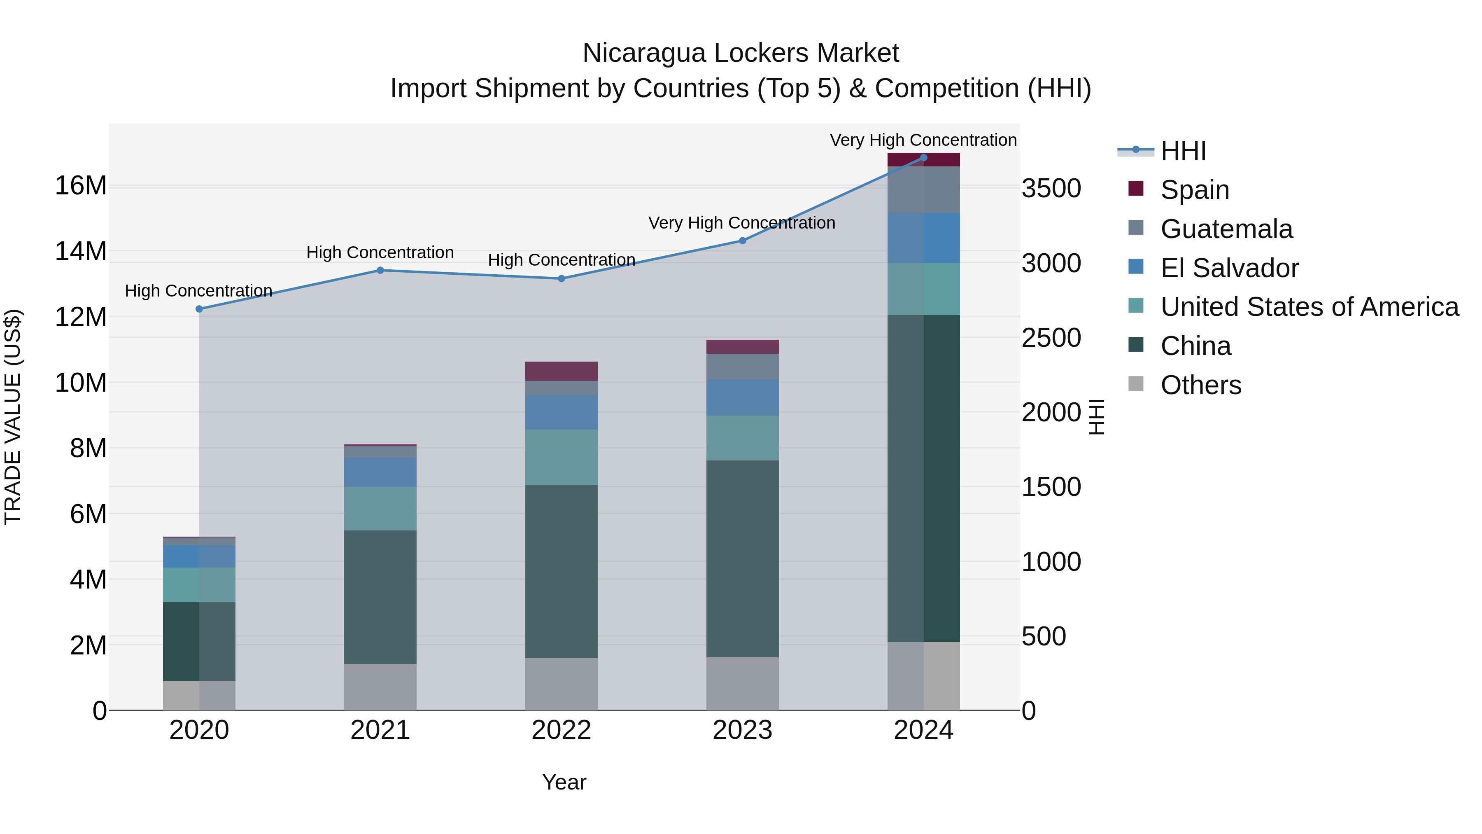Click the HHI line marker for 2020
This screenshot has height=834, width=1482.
pyautogui.click(x=199, y=309)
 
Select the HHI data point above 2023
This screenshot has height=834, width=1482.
pyautogui.click(x=742, y=241)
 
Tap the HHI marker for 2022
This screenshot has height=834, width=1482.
pyautogui.click(x=561, y=278)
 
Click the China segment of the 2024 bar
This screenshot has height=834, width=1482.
pyautogui.click(x=923, y=478)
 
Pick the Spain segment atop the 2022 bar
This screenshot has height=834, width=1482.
pyautogui.click(x=561, y=371)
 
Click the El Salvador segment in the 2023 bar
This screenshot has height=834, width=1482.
pyautogui.click(x=742, y=397)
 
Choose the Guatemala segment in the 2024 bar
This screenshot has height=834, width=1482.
pyautogui.click(x=923, y=190)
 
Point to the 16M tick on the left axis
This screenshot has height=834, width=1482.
pyautogui.click(x=81, y=186)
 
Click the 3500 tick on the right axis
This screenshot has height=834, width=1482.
pyautogui.click(x=1051, y=189)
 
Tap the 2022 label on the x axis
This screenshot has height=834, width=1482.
pyautogui.click(x=561, y=730)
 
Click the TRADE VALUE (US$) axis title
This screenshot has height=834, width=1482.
pyautogui.click(x=13, y=417)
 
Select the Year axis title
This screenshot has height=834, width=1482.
pyautogui.click(x=564, y=782)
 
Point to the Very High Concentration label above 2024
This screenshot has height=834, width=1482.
pyautogui.click(x=923, y=140)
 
